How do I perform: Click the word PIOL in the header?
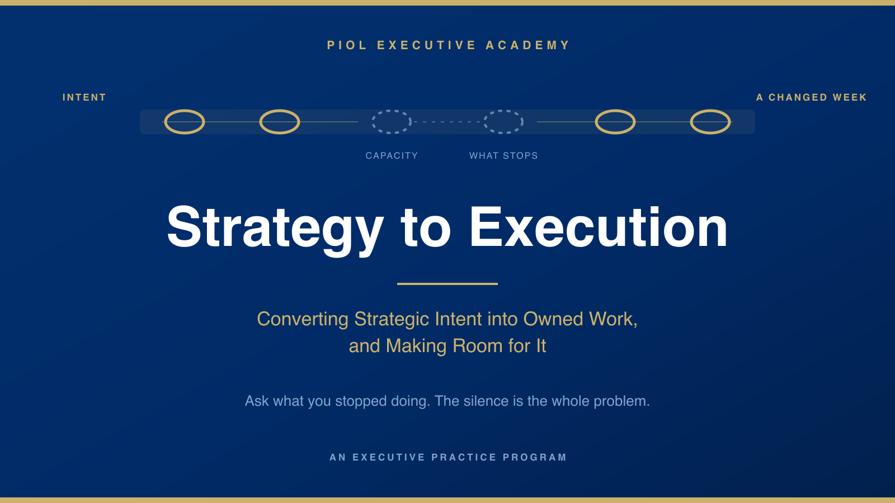[x=347, y=45]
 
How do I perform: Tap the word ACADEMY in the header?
[x=527, y=45]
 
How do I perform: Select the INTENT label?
[x=84, y=97]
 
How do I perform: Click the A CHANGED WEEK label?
[x=812, y=97]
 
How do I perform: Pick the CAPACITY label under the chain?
[x=392, y=156]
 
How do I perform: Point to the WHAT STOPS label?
[x=503, y=156]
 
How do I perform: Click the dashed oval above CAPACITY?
[x=392, y=111]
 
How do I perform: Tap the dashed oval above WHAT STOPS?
[x=503, y=111]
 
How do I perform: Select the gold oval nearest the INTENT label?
[x=185, y=111]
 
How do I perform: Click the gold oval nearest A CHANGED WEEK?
[x=710, y=111]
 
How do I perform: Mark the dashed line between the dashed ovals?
[x=447, y=122]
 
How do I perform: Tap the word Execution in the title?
[x=598, y=227]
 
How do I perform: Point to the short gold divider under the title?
[x=447, y=284]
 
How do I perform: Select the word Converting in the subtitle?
[x=303, y=319]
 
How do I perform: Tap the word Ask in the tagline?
[x=257, y=401]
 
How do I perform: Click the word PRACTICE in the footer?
[x=464, y=457]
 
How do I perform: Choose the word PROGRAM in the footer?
[x=535, y=457]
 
